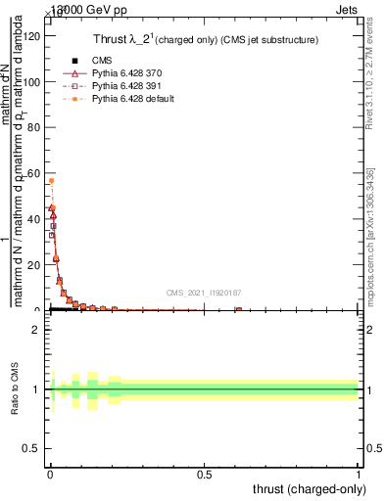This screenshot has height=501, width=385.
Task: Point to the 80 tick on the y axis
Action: (31, 128)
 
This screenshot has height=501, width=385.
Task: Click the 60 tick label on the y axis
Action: (31, 173)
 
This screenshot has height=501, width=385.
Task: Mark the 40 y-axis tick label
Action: (31, 219)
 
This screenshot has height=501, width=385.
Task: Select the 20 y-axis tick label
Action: (31, 264)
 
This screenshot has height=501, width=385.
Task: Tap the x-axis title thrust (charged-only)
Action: (310, 488)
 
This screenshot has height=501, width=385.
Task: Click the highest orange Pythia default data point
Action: (51, 181)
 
